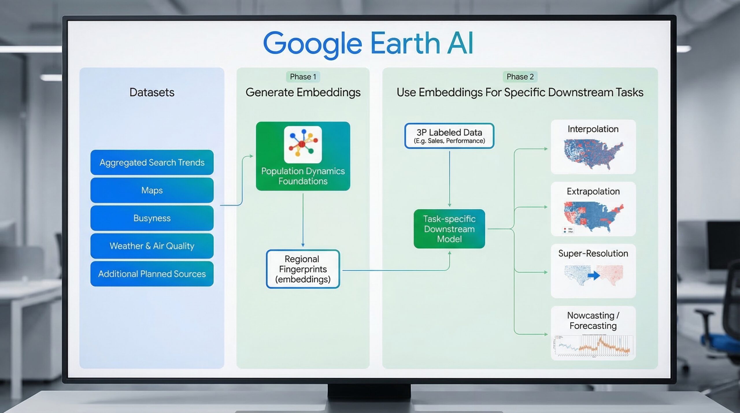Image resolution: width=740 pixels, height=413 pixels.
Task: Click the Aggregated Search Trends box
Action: pos(152,162)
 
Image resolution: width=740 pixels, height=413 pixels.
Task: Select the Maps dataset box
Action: pos(152,190)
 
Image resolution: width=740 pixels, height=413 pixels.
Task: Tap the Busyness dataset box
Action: pos(152,218)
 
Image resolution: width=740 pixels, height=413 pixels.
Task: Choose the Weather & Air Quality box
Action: pos(152,246)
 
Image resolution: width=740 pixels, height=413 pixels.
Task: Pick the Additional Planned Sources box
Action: pos(152,274)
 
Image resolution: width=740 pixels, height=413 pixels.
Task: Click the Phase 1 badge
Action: pos(303,77)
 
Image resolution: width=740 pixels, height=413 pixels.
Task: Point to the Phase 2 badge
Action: pos(520,77)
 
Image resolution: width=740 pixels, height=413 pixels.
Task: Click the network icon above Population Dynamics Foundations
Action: pos(303,144)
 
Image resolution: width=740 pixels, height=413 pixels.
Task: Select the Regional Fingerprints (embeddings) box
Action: pos(303,269)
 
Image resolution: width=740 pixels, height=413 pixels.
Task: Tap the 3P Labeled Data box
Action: pos(449,136)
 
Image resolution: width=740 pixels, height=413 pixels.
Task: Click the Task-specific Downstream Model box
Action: pos(449,229)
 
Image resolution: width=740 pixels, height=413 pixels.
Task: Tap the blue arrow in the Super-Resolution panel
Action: pos(594,275)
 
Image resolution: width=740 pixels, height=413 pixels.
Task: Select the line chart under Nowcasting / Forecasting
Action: pos(593,345)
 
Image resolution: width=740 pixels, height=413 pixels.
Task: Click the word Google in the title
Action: pos(312,44)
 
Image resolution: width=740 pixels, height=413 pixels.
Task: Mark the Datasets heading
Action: pos(152,92)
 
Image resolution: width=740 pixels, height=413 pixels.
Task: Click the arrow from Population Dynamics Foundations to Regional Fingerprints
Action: pos(303,220)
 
